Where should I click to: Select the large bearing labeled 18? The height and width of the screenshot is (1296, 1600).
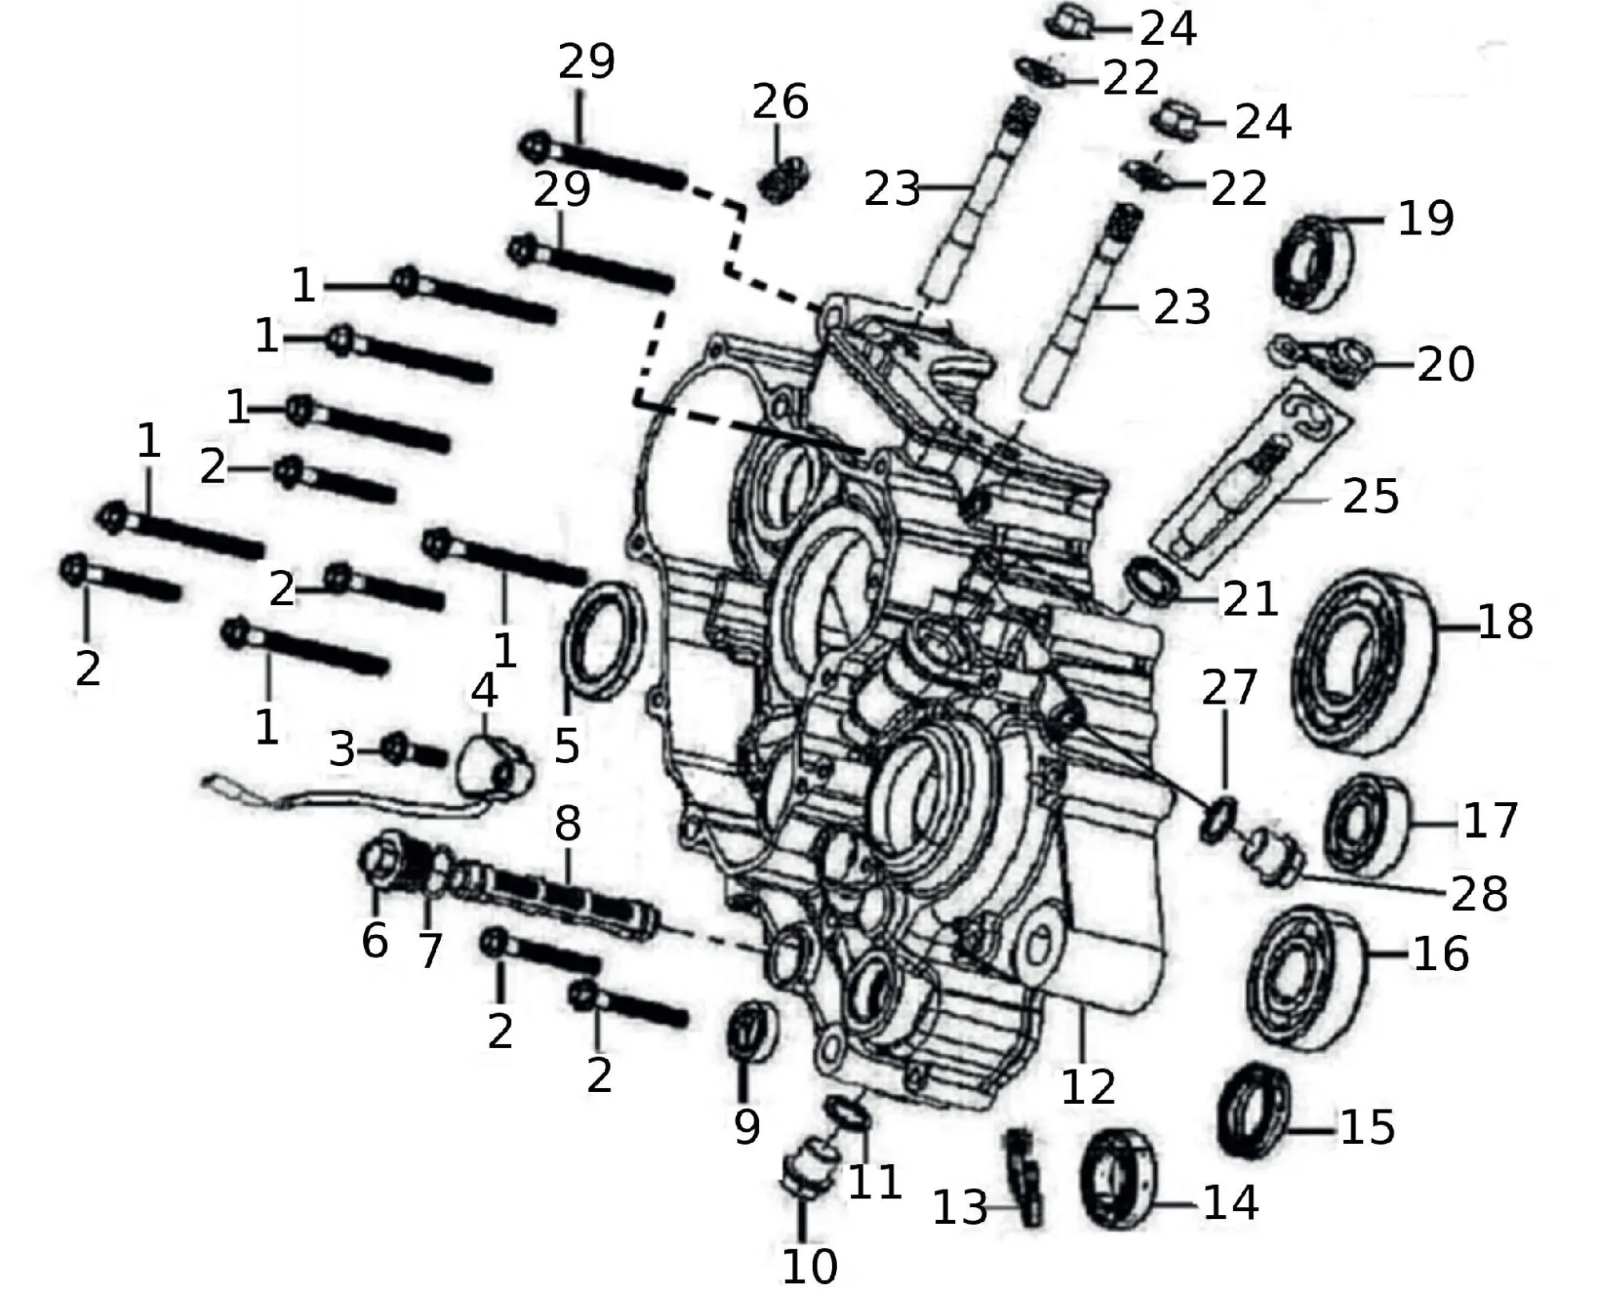1364,663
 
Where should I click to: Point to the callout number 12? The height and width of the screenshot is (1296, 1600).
1088,1086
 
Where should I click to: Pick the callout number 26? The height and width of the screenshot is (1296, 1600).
780,103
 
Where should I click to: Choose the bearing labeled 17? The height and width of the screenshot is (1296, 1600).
1364,825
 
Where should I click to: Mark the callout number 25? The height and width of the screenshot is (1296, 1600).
1370,496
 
